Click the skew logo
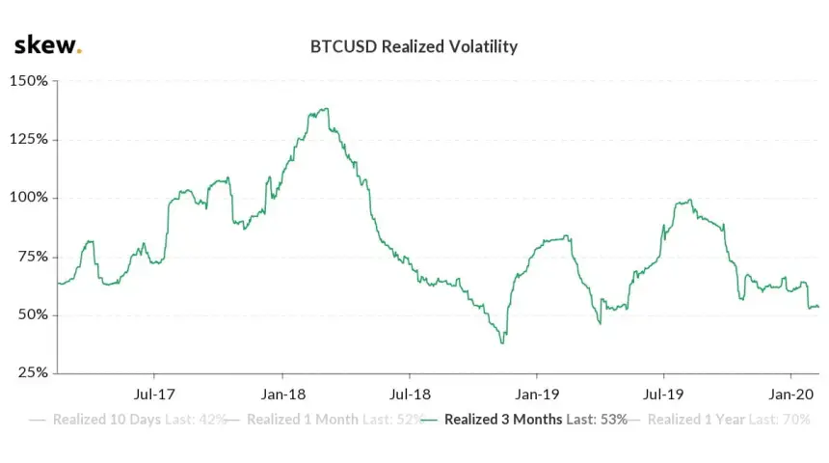[x=47, y=45]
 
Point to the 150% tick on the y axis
[x=29, y=81]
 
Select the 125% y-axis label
[x=29, y=139]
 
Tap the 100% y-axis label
[x=29, y=198]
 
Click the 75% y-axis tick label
[x=33, y=257]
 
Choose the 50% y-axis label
[x=33, y=315]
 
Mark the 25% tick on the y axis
[x=33, y=373]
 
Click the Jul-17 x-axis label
[x=153, y=394]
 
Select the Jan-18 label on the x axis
[x=281, y=394]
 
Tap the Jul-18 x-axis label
[x=410, y=394]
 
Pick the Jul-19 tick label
[x=663, y=394]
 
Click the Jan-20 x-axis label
[x=791, y=394]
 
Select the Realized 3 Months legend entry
[x=525, y=420]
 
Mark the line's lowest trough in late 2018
[x=502, y=342]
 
